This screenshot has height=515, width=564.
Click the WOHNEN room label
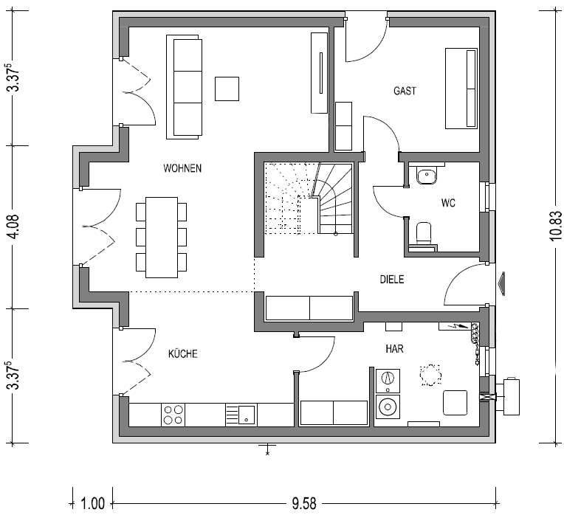[182, 168]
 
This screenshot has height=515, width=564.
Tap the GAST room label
[405, 91]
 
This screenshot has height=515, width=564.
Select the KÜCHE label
[183, 353]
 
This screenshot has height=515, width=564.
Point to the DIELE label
[392, 279]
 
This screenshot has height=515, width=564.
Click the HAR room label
[394, 348]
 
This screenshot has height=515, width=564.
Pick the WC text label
[448, 203]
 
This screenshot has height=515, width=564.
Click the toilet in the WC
[423, 233]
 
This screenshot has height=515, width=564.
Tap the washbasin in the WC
[427, 175]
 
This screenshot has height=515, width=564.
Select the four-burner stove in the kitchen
[173, 415]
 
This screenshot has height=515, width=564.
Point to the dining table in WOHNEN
[162, 237]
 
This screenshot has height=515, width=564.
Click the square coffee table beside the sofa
[227, 89]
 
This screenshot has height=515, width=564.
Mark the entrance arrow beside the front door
[501, 284]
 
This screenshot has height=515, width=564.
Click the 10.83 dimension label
[556, 226]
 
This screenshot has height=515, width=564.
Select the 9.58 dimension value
[304, 503]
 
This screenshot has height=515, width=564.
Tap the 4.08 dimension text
[15, 227]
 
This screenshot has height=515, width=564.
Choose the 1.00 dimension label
[92, 503]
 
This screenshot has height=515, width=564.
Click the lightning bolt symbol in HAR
[458, 326]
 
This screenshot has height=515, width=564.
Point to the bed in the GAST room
[461, 88]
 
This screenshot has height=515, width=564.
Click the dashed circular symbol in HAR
[430, 376]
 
